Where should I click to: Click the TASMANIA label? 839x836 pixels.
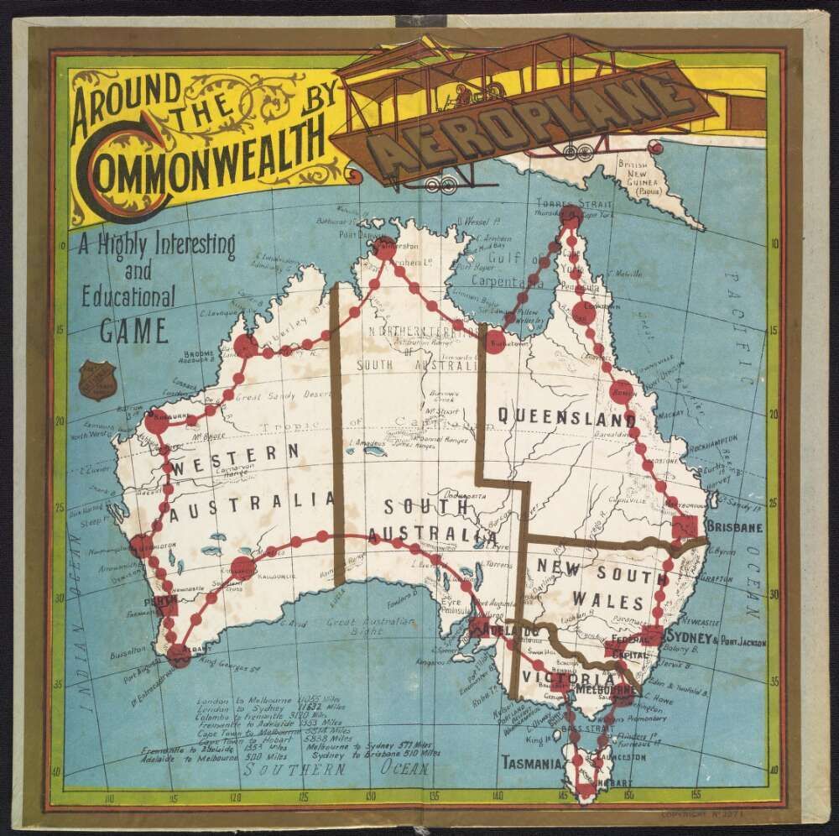pos(531,764)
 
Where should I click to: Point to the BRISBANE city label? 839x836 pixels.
pos(734,528)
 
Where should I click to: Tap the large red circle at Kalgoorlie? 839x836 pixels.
pos(242,567)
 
